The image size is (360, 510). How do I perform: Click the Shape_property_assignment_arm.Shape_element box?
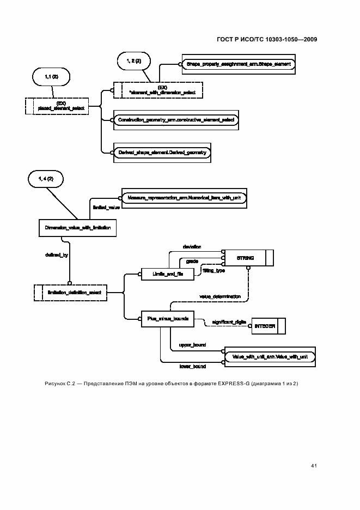click(x=238, y=64)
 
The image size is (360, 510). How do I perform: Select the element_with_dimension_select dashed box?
click(x=158, y=90)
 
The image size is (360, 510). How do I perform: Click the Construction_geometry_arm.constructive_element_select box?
click(x=175, y=119)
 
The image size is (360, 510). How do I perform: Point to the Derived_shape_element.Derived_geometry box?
click(x=162, y=153)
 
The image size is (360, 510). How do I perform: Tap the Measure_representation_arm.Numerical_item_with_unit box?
click(x=182, y=198)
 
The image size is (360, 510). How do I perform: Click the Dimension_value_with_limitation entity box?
click(x=78, y=228)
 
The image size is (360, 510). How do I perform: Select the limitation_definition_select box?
click(x=70, y=293)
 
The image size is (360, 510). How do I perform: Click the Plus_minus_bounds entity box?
click(x=166, y=319)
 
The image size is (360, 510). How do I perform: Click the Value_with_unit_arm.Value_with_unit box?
click(x=270, y=356)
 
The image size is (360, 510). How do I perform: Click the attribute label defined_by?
click(x=56, y=254)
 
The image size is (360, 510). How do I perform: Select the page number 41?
click(x=314, y=465)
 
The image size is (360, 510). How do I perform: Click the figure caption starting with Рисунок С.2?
click(x=171, y=384)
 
